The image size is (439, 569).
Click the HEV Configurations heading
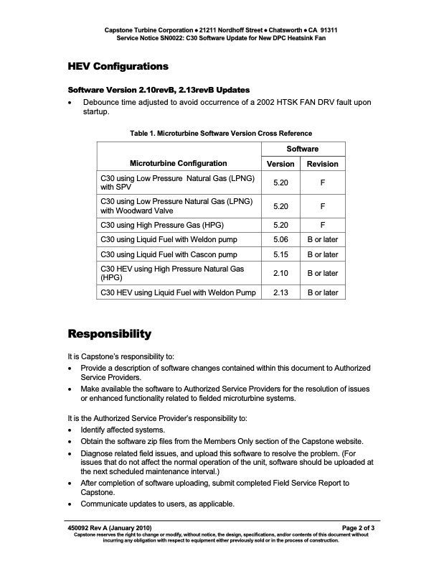coord(118,66)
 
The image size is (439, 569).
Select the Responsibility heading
coord(109,334)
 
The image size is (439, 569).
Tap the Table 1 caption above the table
coord(220,133)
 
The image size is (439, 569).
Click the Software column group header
coord(303,149)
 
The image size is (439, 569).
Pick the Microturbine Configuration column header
coord(179,164)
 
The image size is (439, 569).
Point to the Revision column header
coord(322,164)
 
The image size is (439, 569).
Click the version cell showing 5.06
coord(280,239)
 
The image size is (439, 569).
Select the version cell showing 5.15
coord(280,254)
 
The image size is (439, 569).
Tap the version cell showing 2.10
coord(280,273)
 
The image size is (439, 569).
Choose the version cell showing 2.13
coord(280,292)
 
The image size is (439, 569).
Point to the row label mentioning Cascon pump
coord(169,254)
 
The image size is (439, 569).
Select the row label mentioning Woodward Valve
coord(176,206)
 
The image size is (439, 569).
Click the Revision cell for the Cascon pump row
coord(322,254)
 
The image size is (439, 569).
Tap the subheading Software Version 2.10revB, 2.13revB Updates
coord(159,90)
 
